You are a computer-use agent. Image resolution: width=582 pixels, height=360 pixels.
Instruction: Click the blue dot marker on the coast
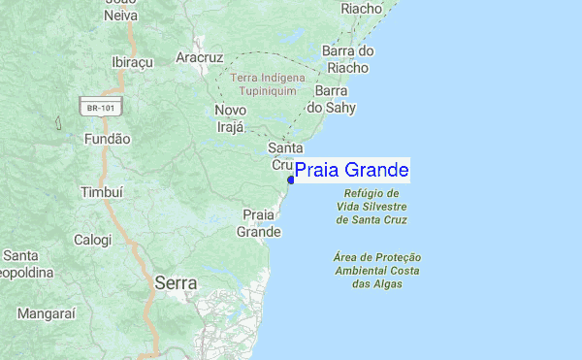291,180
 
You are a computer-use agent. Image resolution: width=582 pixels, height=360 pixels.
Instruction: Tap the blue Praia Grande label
351,171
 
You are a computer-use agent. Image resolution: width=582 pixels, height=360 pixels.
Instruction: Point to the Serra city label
176,284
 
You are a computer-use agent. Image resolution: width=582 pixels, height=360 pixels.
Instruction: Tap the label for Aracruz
200,57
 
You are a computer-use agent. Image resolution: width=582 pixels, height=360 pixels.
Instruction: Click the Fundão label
107,139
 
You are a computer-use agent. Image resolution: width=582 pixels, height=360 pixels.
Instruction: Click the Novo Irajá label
231,118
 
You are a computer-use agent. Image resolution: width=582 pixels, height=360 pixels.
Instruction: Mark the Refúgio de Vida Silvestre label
371,206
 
